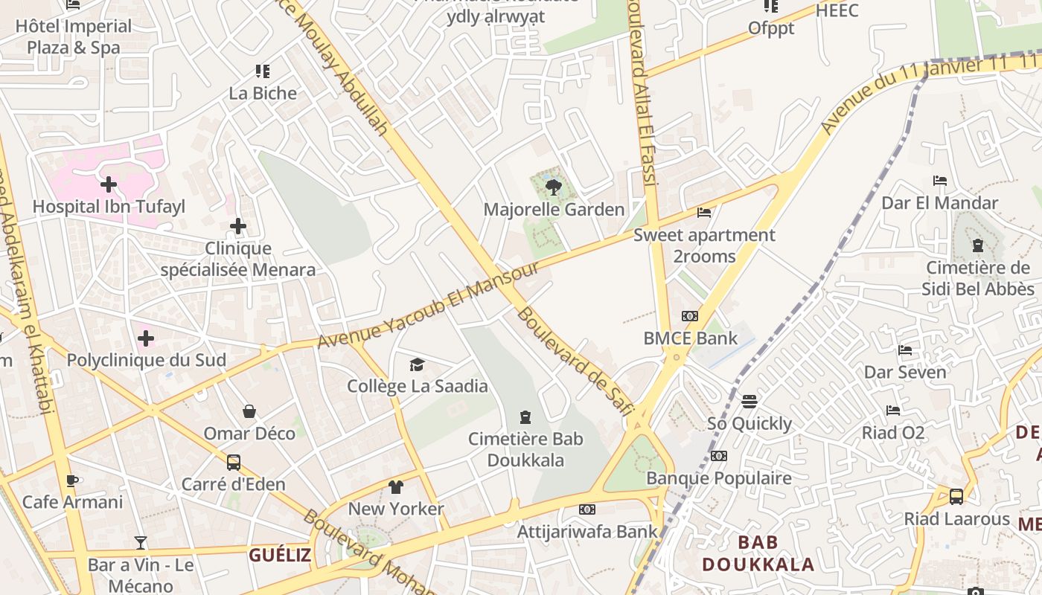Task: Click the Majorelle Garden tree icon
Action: [x=553, y=187]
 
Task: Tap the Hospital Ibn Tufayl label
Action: [x=109, y=207]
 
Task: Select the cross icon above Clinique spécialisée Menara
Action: [x=238, y=226]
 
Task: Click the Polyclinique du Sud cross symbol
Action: [x=146, y=339]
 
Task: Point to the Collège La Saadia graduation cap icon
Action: [x=417, y=364]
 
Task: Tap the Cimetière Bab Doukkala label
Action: [x=525, y=449]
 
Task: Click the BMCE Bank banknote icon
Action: [x=690, y=316]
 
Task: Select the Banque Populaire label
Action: [x=719, y=477]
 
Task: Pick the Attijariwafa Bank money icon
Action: [x=587, y=509]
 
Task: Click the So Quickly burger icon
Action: [x=749, y=402]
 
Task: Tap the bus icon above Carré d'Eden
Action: [x=233, y=463]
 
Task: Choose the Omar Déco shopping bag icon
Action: [x=249, y=411]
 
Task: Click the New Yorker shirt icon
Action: [x=395, y=487]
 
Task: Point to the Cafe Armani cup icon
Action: [x=72, y=480]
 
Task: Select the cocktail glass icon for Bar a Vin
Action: [x=141, y=543]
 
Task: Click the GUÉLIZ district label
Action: [x=280, y=555]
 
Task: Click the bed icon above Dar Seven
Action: [x=905, y=350]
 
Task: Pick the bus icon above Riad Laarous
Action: [x=956, y=496]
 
